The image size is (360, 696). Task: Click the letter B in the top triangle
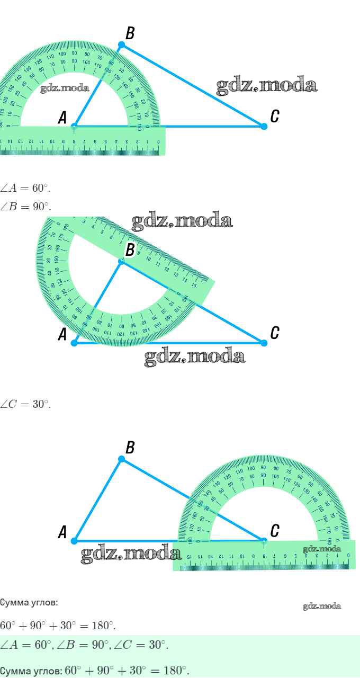pyautogui.click(x=130, y=33)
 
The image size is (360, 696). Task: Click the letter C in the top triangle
pyautogui.click(x=275, y=117)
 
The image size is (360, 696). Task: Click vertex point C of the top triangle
pyautogui.click(x=264, y=126)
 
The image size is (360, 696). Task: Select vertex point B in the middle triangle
pyautogui.click(x=121, y=261)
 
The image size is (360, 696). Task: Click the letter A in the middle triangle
pyautogui.click(x=62, y=335)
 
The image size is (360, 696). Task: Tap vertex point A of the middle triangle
pyautogui.click(x=74, y=343)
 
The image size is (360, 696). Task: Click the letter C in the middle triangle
pyautogui.click(x=275, y=333)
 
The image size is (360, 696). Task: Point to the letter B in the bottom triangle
pyautogui.click(x=130, y=448)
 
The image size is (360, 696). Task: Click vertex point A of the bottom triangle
pyautogui.click(x=74, y=541)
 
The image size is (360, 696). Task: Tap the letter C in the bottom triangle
pyautogui.click(x=275, y=531)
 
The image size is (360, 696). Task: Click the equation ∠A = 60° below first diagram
pyautogui.click(x=25, y=188)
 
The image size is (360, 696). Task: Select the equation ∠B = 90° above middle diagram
pyautogui.click(x=25, y=206)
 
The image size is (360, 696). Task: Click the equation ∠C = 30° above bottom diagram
pyautogui.click(x=25, y=404)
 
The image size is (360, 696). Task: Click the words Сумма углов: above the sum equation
pyautogui.click(x=29, y=603)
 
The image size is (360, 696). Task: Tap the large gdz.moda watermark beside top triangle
pyautogui.click(x=266, y=85)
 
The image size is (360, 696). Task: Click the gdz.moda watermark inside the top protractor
pyautogui.click(x=65, y=88)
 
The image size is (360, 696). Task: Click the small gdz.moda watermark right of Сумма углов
pyautogui.click(x=322, y=606)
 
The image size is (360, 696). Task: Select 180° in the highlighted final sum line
pyautogui.click(x=177, y=671)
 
